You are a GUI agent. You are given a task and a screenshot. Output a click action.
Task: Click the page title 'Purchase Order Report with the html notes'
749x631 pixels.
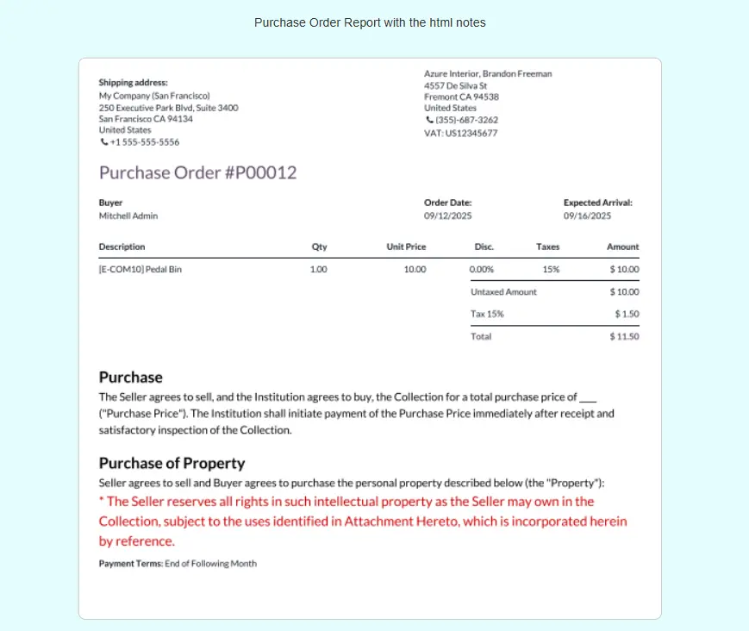[x=370, y=22]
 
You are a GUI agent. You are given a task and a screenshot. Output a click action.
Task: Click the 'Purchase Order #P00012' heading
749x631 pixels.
[x=197, y=172]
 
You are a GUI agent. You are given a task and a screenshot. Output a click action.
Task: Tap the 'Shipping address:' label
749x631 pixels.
[x=133, y=83]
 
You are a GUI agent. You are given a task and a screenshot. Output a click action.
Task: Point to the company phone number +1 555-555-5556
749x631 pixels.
[x=144, y=142]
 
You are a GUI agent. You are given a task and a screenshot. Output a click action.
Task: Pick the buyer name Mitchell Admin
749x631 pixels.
[x=128, y=216]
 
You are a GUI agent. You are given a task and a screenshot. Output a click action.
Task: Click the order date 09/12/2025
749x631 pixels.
[x=447, y=216]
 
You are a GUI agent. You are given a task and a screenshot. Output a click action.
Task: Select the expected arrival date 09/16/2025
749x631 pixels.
[x=587, y=216]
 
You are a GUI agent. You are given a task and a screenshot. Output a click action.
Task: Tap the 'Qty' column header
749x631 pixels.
[x=319, y=247]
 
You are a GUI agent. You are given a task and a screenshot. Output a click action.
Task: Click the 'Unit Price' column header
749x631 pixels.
[x=406, y=247]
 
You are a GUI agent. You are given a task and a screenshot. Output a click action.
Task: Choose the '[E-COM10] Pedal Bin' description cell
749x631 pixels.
[x=140, y=269]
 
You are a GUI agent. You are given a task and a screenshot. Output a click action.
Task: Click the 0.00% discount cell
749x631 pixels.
[x=481, y=269]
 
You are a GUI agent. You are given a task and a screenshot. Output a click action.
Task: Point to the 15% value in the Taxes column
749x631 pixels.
[x=551, y=269]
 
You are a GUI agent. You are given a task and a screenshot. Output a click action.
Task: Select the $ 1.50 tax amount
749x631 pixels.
[x=627, y=314]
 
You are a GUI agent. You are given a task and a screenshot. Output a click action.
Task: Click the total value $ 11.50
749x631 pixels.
[x=624, y=336]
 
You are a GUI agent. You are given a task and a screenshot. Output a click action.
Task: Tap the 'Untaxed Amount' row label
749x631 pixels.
[x=503, y=291]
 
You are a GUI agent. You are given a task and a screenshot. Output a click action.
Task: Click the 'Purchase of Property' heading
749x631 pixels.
[x=172, y=463]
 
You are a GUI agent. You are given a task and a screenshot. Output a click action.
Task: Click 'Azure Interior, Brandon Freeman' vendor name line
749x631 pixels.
[x=488, y=74]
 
